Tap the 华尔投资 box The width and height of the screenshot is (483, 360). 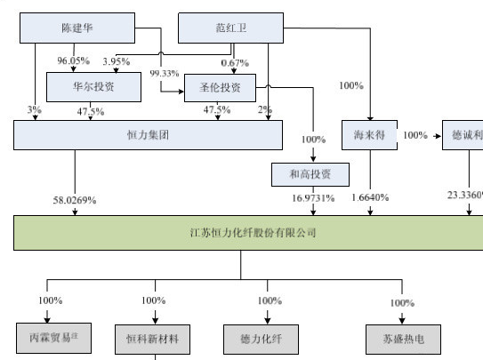point(93,87)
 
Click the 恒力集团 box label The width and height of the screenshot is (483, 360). point(148,135)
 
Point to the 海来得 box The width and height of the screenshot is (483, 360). point(368,135)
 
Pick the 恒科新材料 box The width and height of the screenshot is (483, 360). point(153,338)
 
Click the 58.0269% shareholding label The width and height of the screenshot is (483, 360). point(74,200)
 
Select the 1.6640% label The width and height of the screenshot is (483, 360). point(370,197)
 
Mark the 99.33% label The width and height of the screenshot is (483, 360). point(165,73)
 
